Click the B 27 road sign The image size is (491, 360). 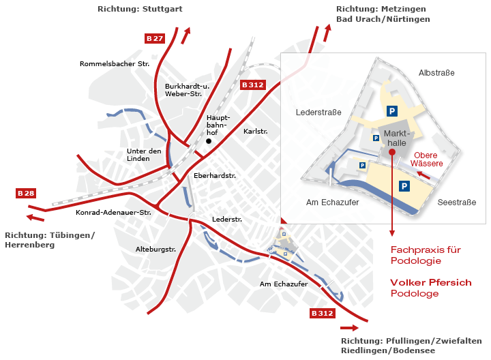tap(155, 38)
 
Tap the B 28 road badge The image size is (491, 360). tap(26, 194)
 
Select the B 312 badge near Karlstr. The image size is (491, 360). tap(252, 85)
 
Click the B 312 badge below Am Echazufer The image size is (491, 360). tap(322, 313)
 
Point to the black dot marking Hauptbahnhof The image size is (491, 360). tap(209, 141)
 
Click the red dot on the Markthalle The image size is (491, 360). tap(392, 153)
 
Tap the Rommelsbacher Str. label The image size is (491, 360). tap(115, 64)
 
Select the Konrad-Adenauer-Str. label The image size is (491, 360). tap(113, 213)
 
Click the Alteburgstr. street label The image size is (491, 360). tap(156, 249)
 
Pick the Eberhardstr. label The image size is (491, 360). tap(215, 175)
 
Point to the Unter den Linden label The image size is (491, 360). tap(144, 155)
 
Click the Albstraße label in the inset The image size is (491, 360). tap(436, 73)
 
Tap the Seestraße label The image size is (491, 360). tap(456, 202)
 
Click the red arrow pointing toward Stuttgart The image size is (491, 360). tap(185, 35)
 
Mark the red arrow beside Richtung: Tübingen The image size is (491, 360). tap(31, 217)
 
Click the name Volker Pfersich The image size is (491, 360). tap(430, 282)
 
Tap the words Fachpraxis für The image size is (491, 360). tap(426, 250)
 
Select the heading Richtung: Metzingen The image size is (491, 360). tap(381, 9)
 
